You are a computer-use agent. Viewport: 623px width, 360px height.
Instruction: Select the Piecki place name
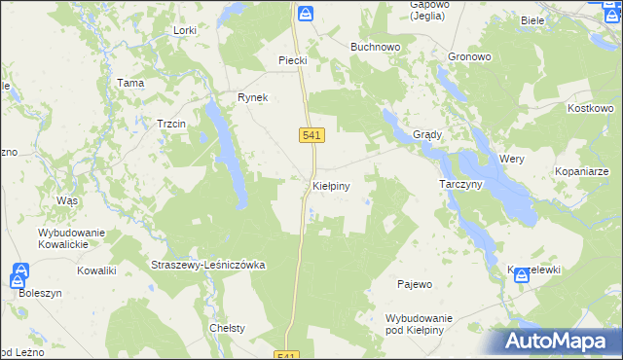293,60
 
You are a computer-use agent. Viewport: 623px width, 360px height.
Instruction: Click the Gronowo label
470,57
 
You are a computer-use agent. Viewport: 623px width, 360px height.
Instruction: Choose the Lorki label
184,31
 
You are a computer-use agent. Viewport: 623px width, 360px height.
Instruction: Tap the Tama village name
130,84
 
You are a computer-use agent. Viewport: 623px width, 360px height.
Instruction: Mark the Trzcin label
171,124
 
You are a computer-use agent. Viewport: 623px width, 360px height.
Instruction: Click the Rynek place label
252,97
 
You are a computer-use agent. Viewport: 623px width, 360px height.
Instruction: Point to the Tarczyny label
461,184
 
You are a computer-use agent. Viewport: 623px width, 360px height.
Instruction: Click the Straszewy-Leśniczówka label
208,265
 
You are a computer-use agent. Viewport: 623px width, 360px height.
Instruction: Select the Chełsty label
227,328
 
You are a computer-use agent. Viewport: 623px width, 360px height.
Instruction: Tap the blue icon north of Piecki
306,14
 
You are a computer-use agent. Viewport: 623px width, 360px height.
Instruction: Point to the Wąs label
67,199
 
